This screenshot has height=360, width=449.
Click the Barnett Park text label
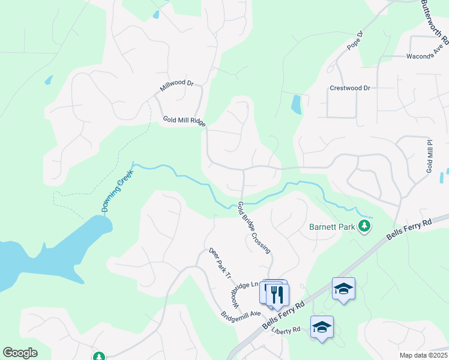pyautogui.click(x=331, y=227)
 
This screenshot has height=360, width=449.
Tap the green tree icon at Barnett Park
pyautogui.click(x=364, y=226)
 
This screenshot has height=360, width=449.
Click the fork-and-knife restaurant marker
pyautogui.click(x=277, y=294)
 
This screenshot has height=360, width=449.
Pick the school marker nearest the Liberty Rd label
pyautogui.click(x=322, y=327)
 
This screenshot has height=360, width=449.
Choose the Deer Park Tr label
pyautogui.click(x=219, y=264)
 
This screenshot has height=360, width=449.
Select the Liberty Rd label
pyautogui.click(x=286, y=330)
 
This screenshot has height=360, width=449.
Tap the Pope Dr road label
pyautogui.click(x=356, y=41)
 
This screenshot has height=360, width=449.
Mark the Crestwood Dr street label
pyautogui.click(x=350, y=88)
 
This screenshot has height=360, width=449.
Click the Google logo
pyautogui.click(x=20, y=353)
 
